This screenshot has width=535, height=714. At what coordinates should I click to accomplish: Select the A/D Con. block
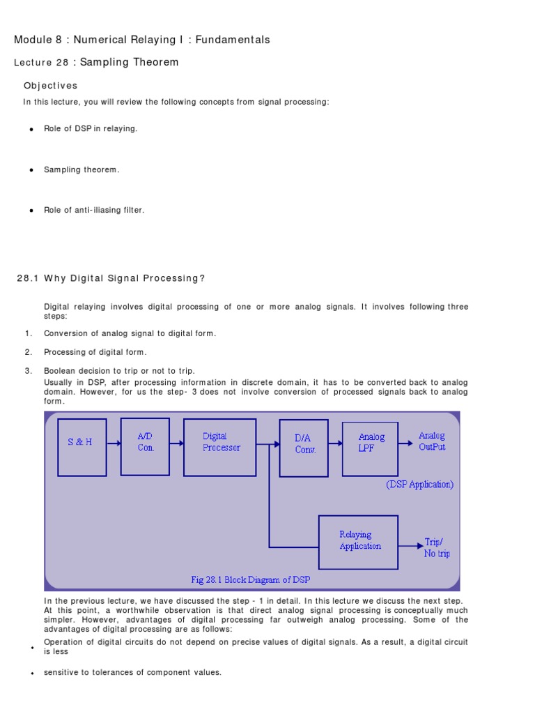point(145,442)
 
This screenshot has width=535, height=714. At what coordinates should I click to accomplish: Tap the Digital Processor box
point(219,447)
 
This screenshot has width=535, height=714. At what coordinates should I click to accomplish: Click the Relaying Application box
point(358,542)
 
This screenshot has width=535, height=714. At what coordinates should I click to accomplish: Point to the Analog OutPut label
point(432,441)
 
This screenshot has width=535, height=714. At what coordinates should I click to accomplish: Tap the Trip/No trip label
point(437,548)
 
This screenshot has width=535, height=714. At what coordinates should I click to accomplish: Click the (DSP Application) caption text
point(419,485)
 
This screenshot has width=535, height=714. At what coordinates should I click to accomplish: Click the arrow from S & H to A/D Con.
point(114,442)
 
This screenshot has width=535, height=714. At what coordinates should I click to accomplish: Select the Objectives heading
point(50,86)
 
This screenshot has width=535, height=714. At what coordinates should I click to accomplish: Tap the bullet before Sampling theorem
point(31,170)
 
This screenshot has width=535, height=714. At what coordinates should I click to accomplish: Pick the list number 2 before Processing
point(29,352)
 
